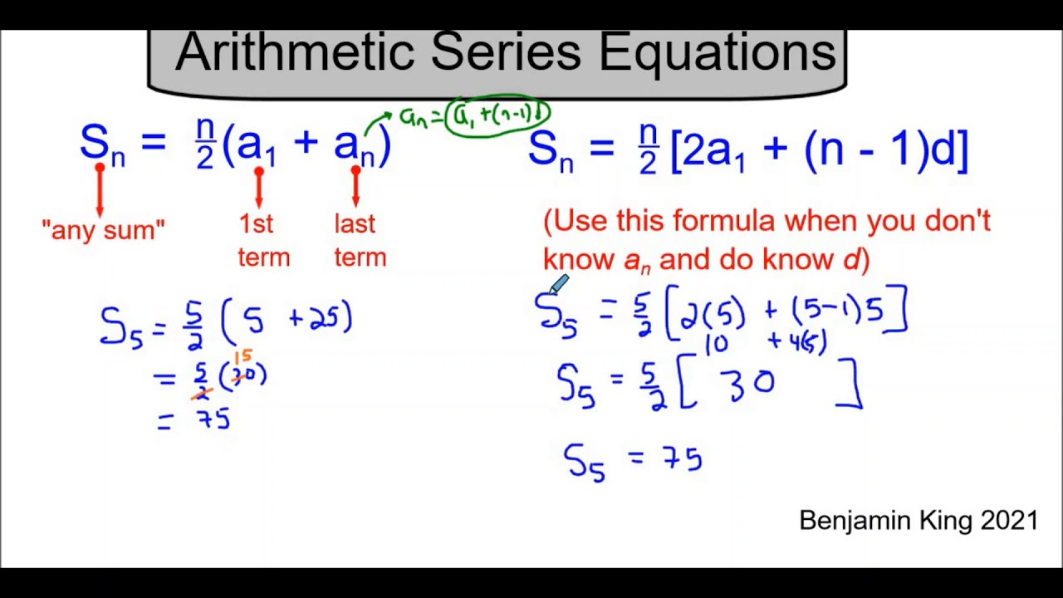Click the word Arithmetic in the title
point(295,52)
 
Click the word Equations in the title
point(718,52)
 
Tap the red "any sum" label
point(103,229)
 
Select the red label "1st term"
point(263,240)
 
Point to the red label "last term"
point(360,240)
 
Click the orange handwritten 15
point(242,357)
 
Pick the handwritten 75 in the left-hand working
point(213,419)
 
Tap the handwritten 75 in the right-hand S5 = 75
point(682,458)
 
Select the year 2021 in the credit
point(1008,521)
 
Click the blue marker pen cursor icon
point(557,286)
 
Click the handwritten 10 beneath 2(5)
point(716,344)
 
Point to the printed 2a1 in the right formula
point(715,150)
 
